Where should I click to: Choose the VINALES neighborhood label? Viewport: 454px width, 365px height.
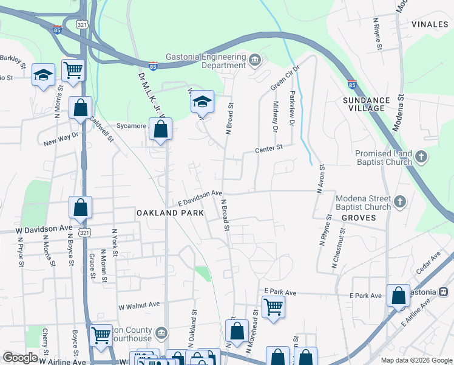pyautogui.click(x=429, y=24)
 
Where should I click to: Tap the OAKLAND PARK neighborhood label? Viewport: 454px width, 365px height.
pyautogui.click(x=166, y=213)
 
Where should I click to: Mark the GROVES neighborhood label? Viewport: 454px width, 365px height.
pyautogui.click(x=355, y=217)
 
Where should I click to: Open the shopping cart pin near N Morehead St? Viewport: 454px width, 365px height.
pyautogui.click(x=273, y=307)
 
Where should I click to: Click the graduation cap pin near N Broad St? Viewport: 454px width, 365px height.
pyautogui.click(x=203, y=101)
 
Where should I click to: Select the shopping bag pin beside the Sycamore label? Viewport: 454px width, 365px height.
pyautogui.click(x=160, y=129)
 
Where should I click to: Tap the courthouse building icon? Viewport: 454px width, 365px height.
pyautogui.click(x=161, y=332)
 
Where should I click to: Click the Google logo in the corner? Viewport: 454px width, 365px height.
pyautogui.click(x=20, y=358)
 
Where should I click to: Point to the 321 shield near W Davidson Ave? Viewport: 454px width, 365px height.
pyautogui.click(x=84, y=232)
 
